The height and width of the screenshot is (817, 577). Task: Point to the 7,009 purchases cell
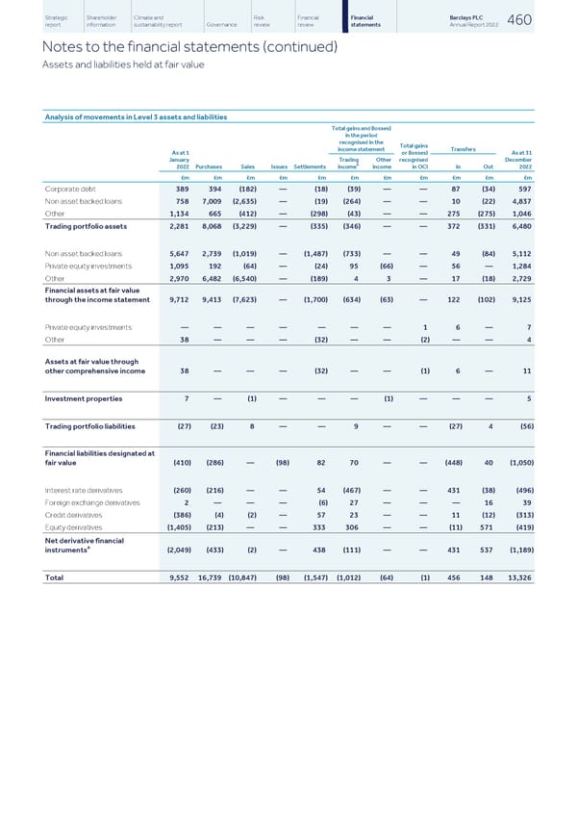tap(210, 202)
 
